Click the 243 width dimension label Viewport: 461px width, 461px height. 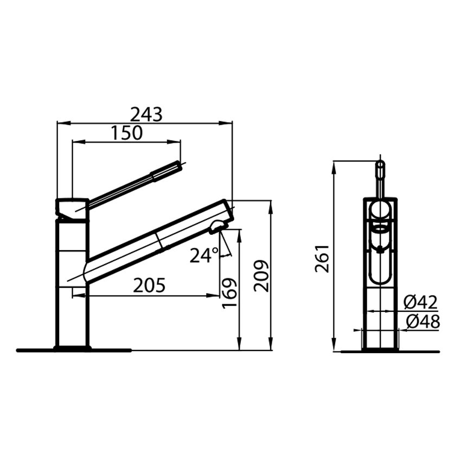pos(146,114)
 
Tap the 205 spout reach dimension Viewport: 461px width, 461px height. pos(149,285)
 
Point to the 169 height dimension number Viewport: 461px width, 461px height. pos(229,293)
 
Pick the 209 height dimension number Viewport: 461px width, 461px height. pos(261,276)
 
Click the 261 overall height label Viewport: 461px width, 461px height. pos(322,258)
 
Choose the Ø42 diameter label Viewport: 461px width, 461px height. pos(420,302)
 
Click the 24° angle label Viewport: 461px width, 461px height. pos(204,255)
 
